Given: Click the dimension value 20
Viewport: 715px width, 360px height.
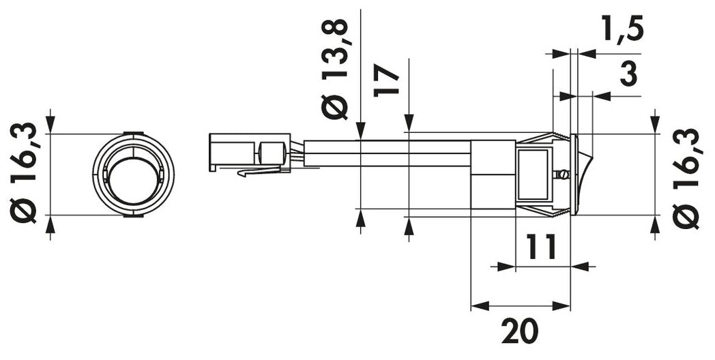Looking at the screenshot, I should point(520,332).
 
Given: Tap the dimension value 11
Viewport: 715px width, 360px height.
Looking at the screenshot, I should point(539,245).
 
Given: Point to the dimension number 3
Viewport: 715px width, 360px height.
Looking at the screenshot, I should point(628,74).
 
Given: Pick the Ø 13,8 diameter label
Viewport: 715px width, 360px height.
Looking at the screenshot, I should point(338,69).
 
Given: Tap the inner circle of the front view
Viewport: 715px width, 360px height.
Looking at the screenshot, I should point(134,180).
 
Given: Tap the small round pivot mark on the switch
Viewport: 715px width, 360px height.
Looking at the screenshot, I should point(563,175).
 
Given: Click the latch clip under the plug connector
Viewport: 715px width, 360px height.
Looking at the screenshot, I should point(259,172).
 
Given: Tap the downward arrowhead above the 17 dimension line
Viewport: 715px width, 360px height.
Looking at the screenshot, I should point(408,124).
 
